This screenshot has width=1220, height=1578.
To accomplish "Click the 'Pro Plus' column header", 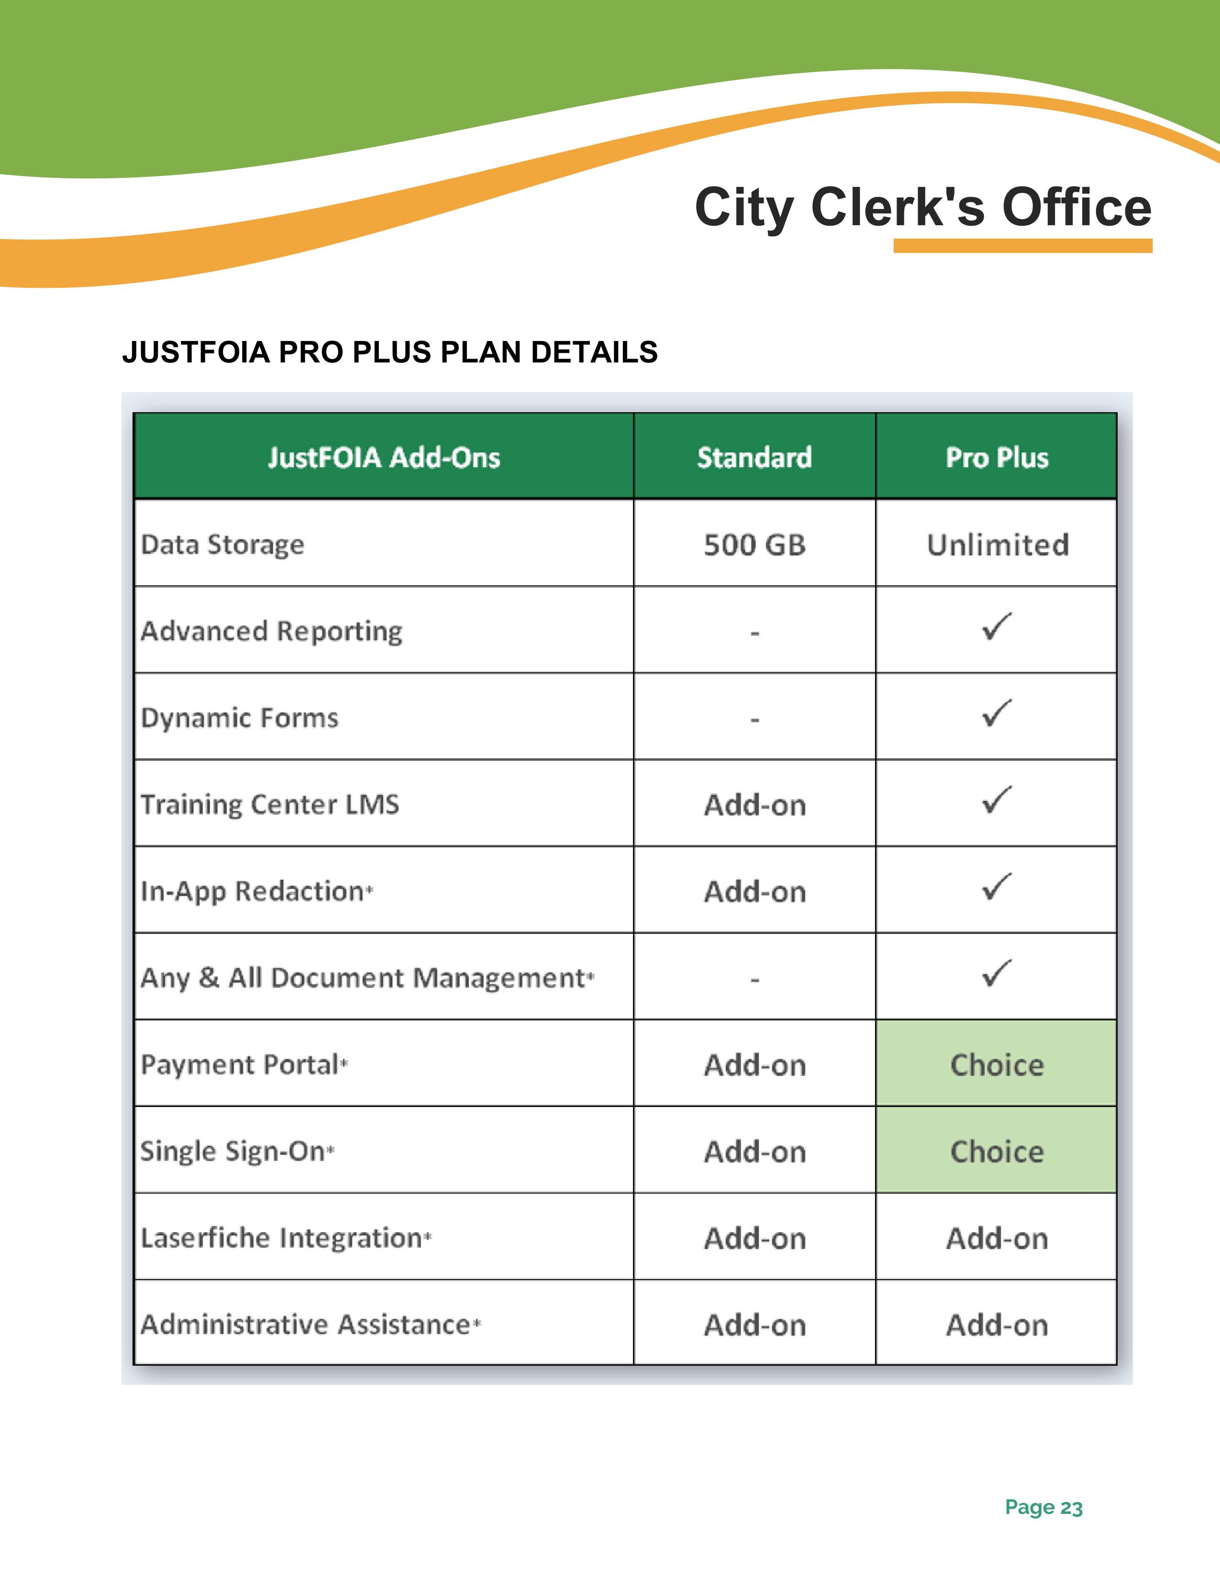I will point(997,457).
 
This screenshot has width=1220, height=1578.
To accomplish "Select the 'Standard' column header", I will point(754,457).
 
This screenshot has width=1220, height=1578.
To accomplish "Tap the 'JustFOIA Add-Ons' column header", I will point(384,457).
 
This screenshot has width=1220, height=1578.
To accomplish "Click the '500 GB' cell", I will point(754,545).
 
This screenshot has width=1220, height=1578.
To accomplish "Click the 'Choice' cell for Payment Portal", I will point(997,1065).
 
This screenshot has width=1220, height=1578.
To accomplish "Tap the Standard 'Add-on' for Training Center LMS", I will point(754,805).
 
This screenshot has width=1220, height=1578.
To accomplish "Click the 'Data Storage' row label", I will point(222,545).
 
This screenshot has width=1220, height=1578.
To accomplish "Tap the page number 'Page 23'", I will point(1043,1507).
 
